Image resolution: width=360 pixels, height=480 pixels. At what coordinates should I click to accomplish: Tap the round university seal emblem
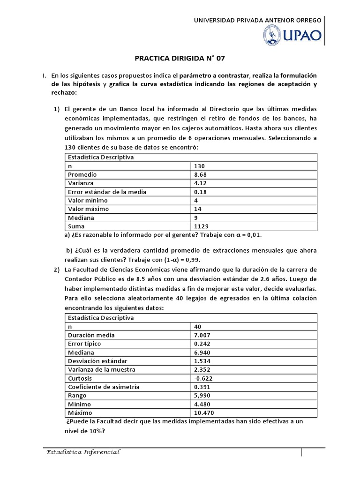pos(271,36)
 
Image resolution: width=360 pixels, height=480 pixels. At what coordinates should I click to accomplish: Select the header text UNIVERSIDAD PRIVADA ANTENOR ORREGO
pos(257,20)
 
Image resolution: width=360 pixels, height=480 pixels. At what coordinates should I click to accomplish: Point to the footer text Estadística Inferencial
pos(83,452)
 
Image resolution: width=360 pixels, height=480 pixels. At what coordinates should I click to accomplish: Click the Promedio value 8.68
pos(200,174)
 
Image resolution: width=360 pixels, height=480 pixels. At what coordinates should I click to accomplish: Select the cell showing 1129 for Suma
pos(200,226)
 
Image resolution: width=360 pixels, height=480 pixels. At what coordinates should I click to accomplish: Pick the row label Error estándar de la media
pos(107,192)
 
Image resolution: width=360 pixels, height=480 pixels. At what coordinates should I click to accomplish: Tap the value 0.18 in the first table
pos(200,192)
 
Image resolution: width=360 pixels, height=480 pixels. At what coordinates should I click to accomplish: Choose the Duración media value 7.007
pos(202,335)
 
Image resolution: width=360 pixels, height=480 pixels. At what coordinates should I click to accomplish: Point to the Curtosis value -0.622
pos(202,378)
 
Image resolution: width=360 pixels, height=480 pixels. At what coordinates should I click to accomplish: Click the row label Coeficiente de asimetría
pos(104,387)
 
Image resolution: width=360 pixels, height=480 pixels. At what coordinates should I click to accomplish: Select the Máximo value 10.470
pos(203,412)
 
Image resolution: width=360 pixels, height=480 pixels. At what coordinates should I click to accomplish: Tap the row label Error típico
pos(85,344)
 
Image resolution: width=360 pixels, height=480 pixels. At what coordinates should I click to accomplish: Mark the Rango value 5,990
pos(202,396)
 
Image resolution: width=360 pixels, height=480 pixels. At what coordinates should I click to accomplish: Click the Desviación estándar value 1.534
pos(202,361)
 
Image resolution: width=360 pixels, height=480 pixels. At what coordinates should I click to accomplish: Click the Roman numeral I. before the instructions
pos(44,75)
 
